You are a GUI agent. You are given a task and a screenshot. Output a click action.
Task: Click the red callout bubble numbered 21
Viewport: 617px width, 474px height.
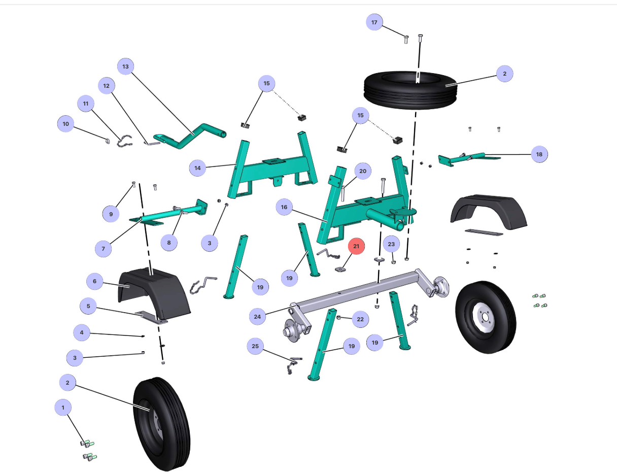[356, 246]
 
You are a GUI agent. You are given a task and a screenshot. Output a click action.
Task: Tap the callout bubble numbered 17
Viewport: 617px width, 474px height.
[374, 22]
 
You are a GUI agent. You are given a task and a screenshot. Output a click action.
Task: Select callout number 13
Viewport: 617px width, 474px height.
[125, 66]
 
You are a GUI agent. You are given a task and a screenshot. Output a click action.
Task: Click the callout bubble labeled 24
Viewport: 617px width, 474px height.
[257, 317]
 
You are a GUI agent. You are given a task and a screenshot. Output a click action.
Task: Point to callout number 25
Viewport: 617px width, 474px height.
[255, 346]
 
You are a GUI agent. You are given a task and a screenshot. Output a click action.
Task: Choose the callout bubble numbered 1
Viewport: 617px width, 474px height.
[63, 408]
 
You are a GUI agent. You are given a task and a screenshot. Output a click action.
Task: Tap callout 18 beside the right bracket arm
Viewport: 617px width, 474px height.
[539, 154]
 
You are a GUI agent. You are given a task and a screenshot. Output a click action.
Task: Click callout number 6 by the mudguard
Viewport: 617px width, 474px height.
[94, 282]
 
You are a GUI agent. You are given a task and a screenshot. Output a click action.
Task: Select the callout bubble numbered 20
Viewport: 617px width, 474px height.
[363, 171]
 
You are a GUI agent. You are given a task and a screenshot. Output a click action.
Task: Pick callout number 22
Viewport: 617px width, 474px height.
[360, 319]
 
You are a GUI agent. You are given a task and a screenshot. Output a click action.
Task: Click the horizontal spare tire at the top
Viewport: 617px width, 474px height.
[410, 90]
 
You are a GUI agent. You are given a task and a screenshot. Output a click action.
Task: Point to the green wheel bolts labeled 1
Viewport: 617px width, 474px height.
[88, 450]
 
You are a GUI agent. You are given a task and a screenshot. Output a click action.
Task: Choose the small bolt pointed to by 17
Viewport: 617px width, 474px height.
[406, 39]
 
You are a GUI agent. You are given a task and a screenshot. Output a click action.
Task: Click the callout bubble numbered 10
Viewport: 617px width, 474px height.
[65, 124]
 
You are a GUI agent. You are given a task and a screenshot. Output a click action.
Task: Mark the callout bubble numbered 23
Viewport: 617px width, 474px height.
[391, 244]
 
